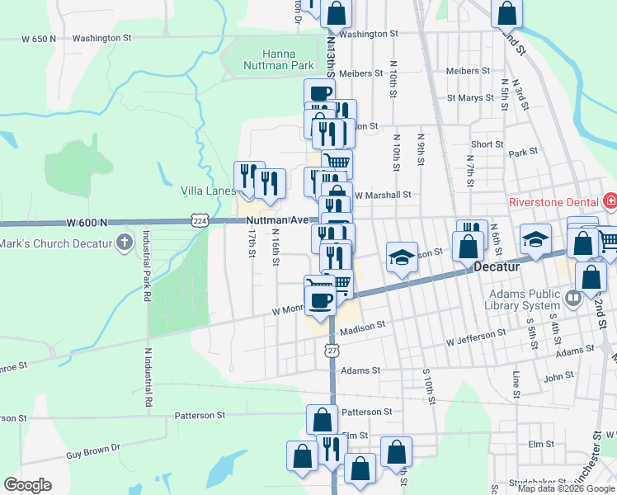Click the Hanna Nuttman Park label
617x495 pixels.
pyautogui.click(x=278, y=59)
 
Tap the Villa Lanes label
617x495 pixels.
pyautogui.click(x=208, y=191)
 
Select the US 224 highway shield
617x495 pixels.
pyautogui.click(x=199, y=220)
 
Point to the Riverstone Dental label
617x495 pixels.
pyautogui.click(x=557, y=200)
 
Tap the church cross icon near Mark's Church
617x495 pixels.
pyautogui.click(x=125, y=242)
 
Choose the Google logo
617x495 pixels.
pyautogui.click(x=27, y=485)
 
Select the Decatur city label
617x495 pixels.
pyautogui.click(x=500, y=267)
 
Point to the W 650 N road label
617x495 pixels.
pyautogui.click(x=40, y=39)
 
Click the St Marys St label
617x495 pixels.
pyautogui.click(x=470, y=97)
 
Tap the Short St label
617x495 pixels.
pyautogui.click(x=487, y=144)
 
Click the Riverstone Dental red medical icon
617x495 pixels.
pyautogui.click(x=610, y=200)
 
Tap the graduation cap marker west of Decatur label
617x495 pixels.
pyautogui.click(x=402, y=257)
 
